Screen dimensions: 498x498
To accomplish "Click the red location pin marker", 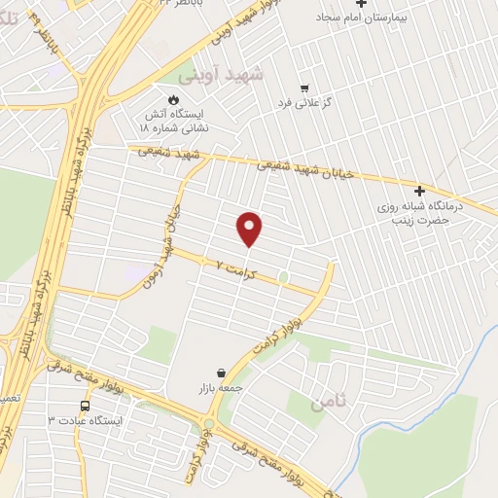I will [x=250, y=228].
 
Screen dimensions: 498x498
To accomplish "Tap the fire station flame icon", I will [x=173, y=99].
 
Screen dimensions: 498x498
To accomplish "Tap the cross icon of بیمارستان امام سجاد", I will [x=361, y=4].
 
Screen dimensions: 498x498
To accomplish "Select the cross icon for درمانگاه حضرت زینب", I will [x=419, y=191].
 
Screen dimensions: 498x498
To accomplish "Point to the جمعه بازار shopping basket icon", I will [x=222, y=373].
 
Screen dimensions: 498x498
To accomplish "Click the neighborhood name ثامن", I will [x=327, y=402].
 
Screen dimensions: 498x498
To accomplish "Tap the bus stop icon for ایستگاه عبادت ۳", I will [x=85, y=406].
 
